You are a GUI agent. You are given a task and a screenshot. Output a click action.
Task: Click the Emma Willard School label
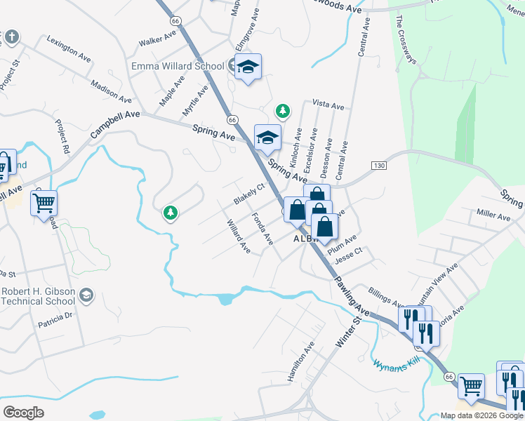tap(178, 66)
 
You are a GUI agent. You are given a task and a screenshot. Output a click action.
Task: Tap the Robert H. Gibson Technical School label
tap(39, 296)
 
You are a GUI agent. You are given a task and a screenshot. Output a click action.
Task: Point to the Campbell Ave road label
tap(115, 123)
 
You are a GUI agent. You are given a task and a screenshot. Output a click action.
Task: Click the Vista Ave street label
tap(328, 106)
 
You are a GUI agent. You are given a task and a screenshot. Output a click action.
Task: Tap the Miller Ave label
tap(493, 216)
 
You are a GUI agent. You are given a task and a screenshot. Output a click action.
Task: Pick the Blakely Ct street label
tap(248, 194)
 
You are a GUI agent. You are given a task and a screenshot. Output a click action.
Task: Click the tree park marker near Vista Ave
tap(282, 110)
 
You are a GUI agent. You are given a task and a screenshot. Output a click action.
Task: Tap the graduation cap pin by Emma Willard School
tap(247, 67)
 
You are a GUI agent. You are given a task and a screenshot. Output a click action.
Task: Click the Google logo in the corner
tap(23, 413)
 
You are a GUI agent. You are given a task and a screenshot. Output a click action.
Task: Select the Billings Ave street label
tap(384, 297)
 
